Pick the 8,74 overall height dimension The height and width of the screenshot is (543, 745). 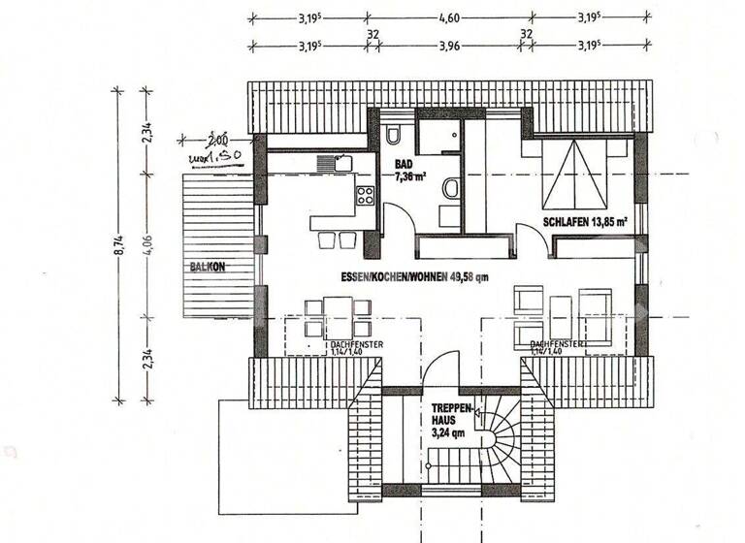pyautogui.click(x=118, y=247)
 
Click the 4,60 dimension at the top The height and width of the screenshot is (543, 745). pyautogui.click(x=449, y=16)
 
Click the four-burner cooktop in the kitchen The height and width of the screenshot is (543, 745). pyautogui.click(x=366, y=196)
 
